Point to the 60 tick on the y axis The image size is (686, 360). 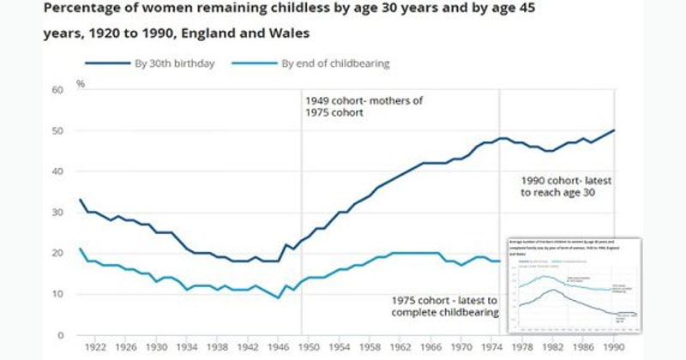(x=58, y=89)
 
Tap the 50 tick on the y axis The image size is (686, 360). (x=58, y=130)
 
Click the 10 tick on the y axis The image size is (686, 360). (x=58, y=294)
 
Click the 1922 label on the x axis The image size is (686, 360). (x=96, y=348)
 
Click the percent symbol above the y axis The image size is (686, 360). (x=81, y=84)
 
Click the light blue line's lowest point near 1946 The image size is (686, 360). (x=279, y=298)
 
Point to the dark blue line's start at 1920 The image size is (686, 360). (x=80, y=200)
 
